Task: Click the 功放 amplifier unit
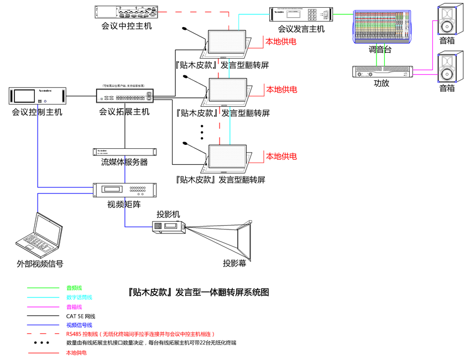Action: point(382,72)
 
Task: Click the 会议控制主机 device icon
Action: point(38,96)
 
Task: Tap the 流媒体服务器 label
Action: point(124,163)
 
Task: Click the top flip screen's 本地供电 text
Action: point(281,41)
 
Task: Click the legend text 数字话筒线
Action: point(79,298)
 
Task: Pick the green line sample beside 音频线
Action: point(43,288)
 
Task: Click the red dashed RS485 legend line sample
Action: point(43,334)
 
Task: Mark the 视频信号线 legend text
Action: point(79,325)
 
